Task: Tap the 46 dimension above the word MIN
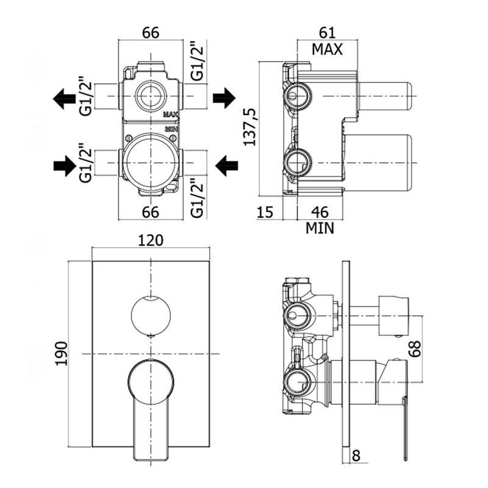click(320, 213)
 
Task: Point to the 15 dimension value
click(265, 213)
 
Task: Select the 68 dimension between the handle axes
click(415, 350)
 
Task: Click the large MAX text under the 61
click(326, 49)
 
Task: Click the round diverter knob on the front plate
click(151, 315)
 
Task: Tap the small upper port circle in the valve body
click(150, 95)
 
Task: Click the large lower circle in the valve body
click(150, 162)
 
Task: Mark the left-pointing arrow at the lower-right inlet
click(227, 163)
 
